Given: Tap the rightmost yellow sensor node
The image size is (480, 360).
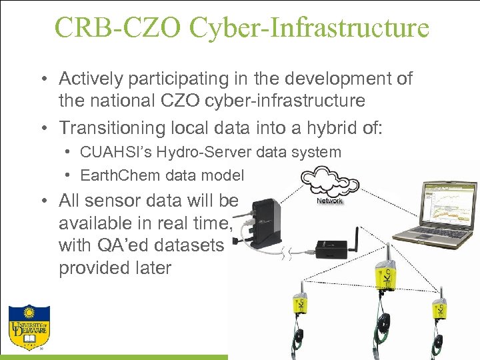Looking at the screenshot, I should click(x=441, y=308).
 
